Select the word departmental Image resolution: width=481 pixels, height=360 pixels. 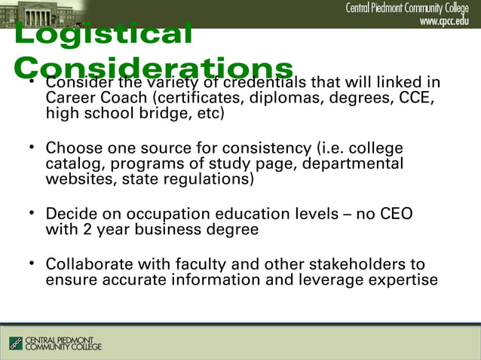click(356, 163)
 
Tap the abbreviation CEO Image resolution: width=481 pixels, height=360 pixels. click(394, 214)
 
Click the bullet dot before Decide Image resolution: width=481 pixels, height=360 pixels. click(31, 214)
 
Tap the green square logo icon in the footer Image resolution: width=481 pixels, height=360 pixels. click(16, 343)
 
